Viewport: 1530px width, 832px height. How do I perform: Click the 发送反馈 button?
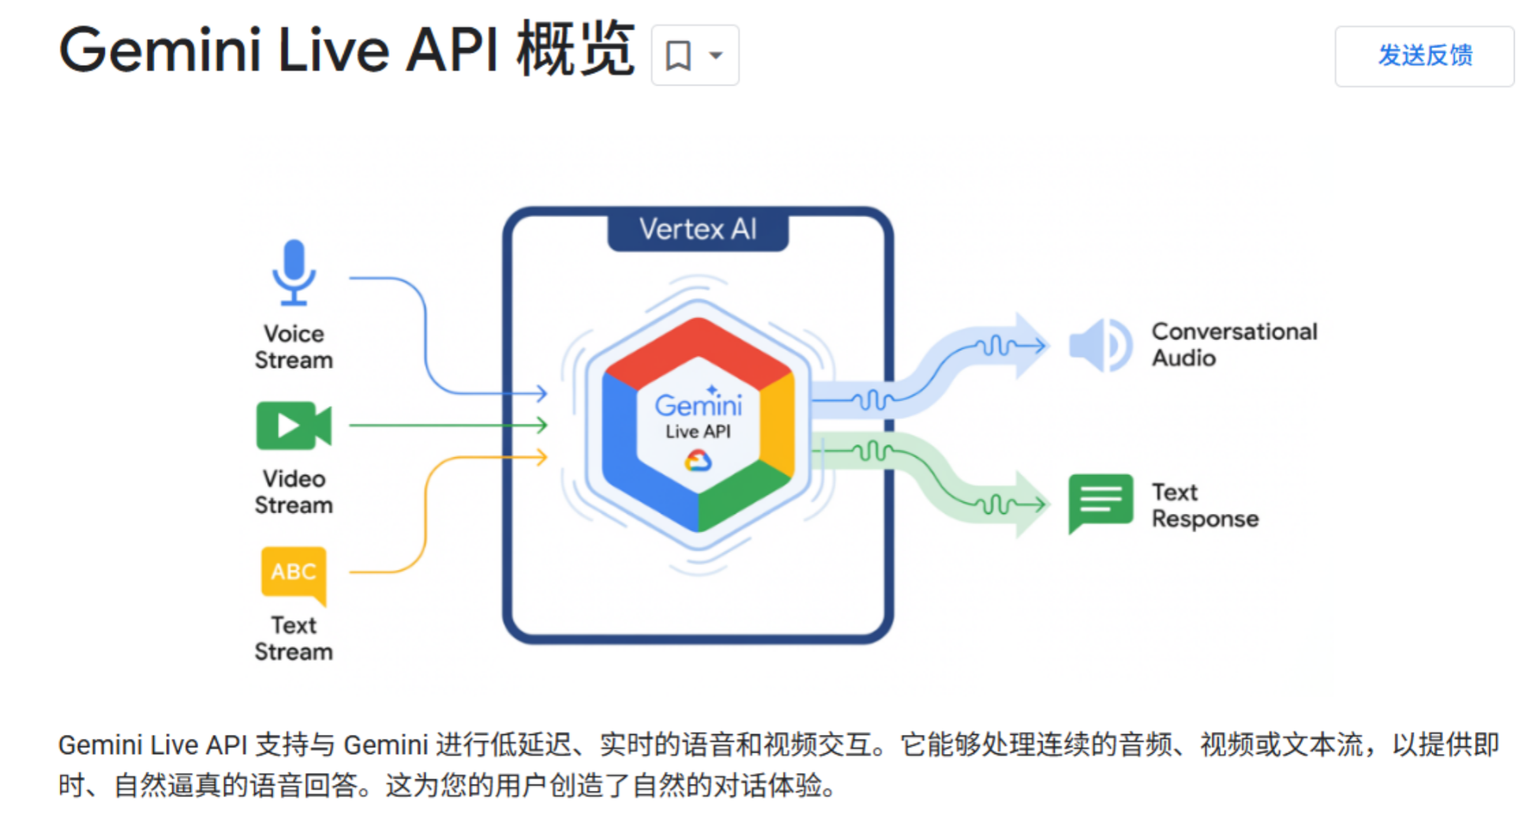coord(1424,56)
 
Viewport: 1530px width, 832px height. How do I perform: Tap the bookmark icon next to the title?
coord(678,56)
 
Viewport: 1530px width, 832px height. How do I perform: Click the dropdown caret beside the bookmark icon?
coord(716,56)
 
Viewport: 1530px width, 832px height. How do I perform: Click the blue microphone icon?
coord(294,272)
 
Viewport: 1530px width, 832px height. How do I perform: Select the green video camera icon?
coord(293,425)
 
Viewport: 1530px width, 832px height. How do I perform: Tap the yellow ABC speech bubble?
coord(294,573)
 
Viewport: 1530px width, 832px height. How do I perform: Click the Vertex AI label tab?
coord(698,229)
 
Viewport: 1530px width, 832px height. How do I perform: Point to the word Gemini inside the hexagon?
coord(698,405)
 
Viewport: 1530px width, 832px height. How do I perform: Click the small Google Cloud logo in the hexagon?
coord(698,461)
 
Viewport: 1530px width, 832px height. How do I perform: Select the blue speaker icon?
coord(1099,346)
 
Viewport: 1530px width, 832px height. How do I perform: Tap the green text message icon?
coord(1100,502)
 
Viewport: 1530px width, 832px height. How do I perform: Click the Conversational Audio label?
coord(1233,345)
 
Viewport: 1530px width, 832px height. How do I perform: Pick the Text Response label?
coord(1204,505)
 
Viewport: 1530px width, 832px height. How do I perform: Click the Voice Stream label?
coord(294,346)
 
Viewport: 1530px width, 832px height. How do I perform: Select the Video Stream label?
coord(294,492)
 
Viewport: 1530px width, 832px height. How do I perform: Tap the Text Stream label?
coord(294,638)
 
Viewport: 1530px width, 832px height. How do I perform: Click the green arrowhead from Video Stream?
coord(542,425)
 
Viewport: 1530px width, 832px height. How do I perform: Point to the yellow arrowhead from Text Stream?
coord(542,457)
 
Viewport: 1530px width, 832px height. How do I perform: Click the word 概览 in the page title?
coord(575,50)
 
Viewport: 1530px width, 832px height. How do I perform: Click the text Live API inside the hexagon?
coord(698,432)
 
